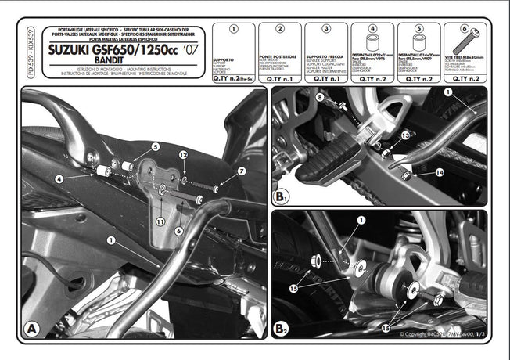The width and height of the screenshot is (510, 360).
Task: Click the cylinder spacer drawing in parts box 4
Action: tap(370, 42)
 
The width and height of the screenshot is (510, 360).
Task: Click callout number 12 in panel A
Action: tap(182, 155)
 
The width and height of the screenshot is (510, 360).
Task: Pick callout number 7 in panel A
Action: tap(242, 171)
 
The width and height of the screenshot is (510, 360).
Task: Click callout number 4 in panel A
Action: tap(59, 179)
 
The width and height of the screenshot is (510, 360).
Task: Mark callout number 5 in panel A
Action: tap(155, 146)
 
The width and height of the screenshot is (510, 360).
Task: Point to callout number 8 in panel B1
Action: tap(319, 96)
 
